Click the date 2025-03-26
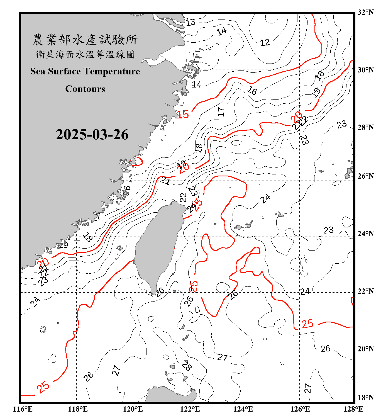pos(92,135)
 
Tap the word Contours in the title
pos(85,89)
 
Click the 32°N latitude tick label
pos(365,12)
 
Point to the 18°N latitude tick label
pos(365,398)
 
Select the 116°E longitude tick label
pos(23,409)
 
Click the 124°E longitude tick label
pos(243,409)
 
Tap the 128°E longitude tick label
pos(353,409)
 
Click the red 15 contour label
pos(183,114)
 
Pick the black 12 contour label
pos(265,43)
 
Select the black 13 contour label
pos(191,22)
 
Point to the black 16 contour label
pos(252,90)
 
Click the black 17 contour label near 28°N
pos(221,112)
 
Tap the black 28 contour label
pos(187,365)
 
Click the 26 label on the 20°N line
pos(325,349)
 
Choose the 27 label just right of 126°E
pos(307,388)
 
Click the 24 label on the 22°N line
pos(305,291)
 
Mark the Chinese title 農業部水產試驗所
pos(85,40)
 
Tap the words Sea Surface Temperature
pos(85,71)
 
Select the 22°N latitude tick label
pos(365,291)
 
